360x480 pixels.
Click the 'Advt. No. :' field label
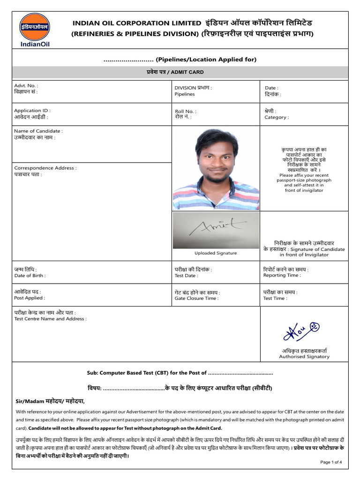[x=26, y=86]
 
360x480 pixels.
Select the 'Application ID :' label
[x=32, y=111]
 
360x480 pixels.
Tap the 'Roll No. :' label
[x=186, y=111]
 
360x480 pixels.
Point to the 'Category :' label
[x=277, y=118]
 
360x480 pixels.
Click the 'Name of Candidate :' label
[x=38, y=131]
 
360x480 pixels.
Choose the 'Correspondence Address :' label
[x=45, y=168]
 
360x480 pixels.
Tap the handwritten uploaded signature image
[x=216, y=229]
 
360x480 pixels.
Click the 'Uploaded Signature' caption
[x=216, y=253]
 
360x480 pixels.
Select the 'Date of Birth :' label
[x=30, y=276]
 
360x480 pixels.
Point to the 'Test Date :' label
[x=186, y=276]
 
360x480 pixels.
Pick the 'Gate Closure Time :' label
[x=196, y=298]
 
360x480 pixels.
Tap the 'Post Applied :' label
[x=30, y=298]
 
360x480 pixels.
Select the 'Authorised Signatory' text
[x=304, y=356]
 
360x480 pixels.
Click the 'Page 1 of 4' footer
[x=331, y=462]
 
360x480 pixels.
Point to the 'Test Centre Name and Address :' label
[x=50, y=319]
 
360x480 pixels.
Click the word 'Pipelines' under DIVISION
[x=184, y=94]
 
